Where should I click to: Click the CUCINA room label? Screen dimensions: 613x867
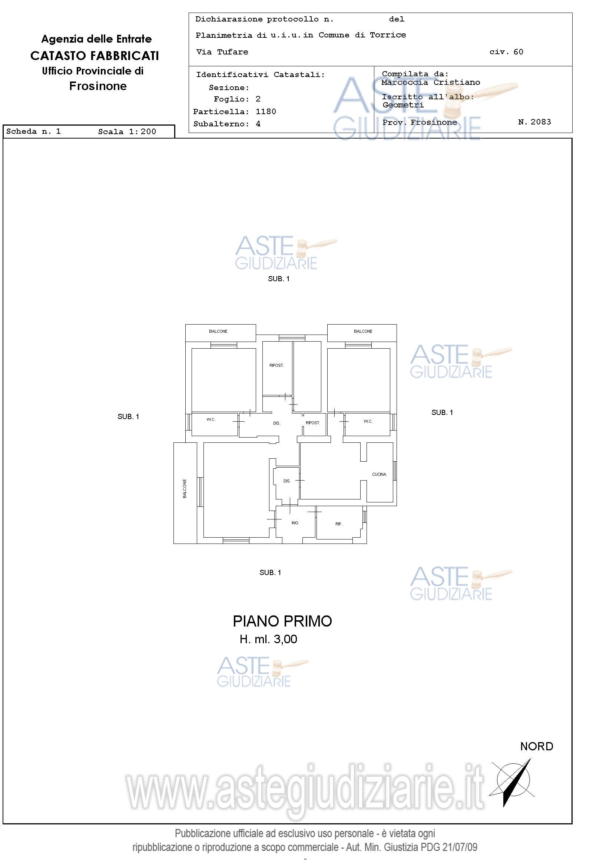coord(379,474)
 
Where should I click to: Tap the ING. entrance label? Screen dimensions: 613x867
coord(295,523)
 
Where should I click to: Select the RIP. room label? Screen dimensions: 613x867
coord(339,524)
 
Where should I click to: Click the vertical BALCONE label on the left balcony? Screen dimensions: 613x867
coord(185,489)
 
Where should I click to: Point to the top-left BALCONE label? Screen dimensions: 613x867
coord(218,331)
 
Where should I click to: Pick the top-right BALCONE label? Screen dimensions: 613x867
coord(363,331)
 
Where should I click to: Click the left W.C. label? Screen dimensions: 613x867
coord(211,419)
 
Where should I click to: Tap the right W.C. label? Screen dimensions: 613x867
coord(368,421)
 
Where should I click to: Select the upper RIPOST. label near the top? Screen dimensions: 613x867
coord(276,365)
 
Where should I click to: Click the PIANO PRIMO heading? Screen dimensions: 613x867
coord(282,621)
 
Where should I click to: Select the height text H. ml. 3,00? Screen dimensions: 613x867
coord(268,639)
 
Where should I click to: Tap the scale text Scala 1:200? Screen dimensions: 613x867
coord(127,132)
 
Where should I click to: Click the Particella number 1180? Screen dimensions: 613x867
coord(265,112)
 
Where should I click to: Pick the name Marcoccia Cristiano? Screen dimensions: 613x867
coord(431,82)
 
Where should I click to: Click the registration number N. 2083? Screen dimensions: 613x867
coord(534,122)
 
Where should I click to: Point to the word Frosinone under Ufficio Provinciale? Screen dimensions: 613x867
coord(98,86)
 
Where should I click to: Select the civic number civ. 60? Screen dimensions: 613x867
coord(506,52)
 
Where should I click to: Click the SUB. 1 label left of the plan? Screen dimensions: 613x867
coord(128,416)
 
